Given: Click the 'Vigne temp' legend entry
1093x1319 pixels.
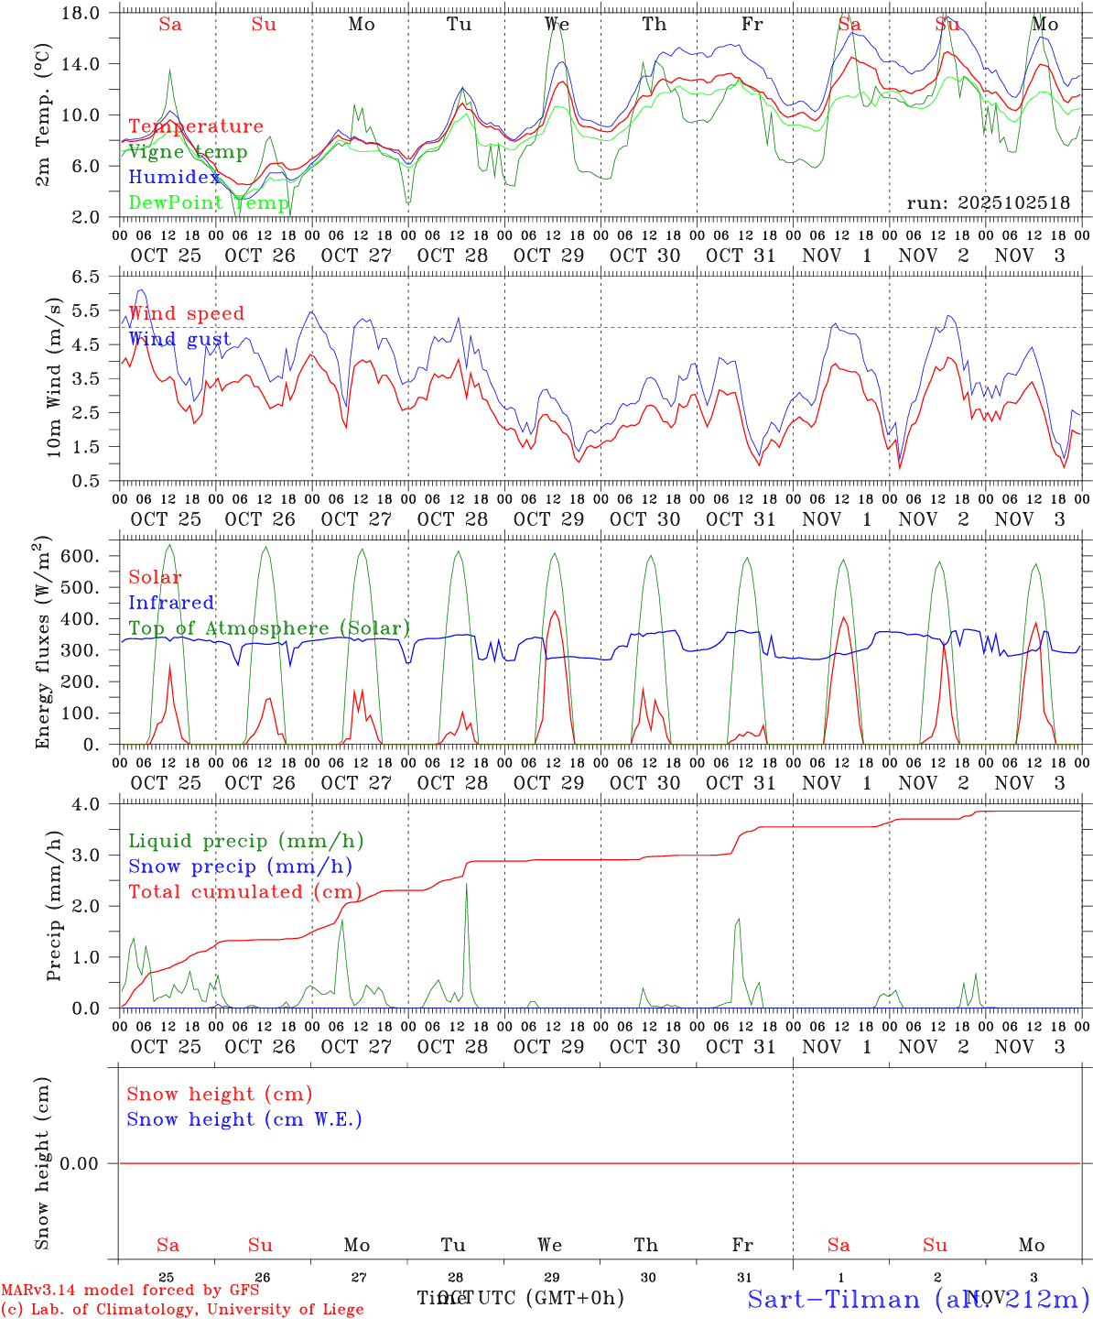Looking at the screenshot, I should [x=188, y=152].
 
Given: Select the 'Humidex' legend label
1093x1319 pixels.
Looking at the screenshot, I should [x=174, y=178].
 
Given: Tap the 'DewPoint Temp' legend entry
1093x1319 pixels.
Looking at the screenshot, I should [x=209, y=202].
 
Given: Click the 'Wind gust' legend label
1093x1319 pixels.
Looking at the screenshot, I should [x=179, y=339].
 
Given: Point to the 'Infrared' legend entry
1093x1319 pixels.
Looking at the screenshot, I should [x=171, y=603].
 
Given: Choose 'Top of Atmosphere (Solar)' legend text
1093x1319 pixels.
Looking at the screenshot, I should [x=269, y=628].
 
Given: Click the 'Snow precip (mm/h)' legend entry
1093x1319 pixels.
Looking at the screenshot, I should [x=240, y=867].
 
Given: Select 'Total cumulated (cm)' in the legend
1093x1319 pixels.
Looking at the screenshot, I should [x=244, y=891].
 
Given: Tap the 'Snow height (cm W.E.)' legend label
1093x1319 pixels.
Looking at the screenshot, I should [x=244, y=1119].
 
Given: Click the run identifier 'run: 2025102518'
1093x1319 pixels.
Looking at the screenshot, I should [x=988, y=202].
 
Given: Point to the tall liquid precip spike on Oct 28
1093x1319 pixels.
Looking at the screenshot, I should [x=467, y=885].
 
